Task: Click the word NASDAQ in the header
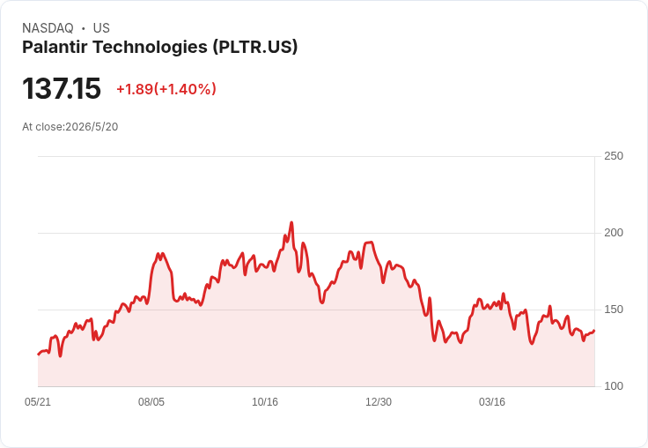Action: point(48,28)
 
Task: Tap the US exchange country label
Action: point(101,28)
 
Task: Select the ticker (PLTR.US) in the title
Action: point(255,48)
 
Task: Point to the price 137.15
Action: point(62,88)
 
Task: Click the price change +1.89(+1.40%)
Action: point(166,89)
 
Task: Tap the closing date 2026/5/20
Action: point(92,127)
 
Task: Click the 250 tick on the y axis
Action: point(614,156)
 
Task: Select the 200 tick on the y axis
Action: point(614,233)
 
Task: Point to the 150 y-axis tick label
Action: point(614,310)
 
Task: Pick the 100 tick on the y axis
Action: point(614,386)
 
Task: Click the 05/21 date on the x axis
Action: point(38,402)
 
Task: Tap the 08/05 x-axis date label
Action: point(151,402)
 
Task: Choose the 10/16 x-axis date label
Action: point(265,402)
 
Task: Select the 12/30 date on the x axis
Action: point(379,402)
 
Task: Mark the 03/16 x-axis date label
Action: point(492,402)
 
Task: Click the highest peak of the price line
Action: point(291,222)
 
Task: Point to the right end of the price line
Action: point(594,331)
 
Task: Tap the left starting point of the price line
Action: point(39,355)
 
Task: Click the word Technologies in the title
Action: point(150,48)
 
